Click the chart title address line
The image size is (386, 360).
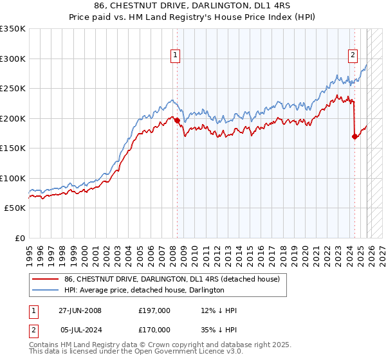point(193,6)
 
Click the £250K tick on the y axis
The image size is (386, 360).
point(13,89)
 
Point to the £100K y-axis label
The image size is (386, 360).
point(13,178)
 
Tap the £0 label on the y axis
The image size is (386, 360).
point(19,238)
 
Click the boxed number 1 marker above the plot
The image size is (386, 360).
point(176,56)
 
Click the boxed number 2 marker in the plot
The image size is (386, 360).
point(353,56)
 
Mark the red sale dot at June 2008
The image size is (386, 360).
point(177,120)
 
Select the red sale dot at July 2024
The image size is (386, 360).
point(354,136)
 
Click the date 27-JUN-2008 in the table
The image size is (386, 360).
point(80,310)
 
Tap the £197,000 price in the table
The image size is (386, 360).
point(154,310)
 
